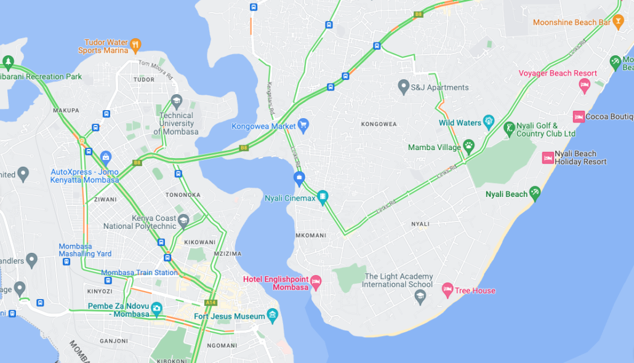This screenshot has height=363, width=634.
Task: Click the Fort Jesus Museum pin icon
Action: click(x=272, y=316)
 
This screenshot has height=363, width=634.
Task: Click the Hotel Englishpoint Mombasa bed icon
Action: click(x=316, y=282)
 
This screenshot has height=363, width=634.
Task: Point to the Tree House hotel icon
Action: click(x=447, y=290)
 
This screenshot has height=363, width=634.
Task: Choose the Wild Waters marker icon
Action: click(x=489, y=122)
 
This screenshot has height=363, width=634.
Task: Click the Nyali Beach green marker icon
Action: click(x=535, y=194)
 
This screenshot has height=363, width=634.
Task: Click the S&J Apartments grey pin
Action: click(x=403, y=87)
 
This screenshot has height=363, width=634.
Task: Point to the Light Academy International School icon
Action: click(x=420, y=297)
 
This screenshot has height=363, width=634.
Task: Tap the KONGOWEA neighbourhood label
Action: click(x=379, y=124)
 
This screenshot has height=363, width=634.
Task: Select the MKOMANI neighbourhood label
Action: click(x=311, y=236)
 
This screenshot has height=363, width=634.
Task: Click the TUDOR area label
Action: click(x=144, y=79)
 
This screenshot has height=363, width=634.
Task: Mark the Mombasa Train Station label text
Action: click(x=139, y=273)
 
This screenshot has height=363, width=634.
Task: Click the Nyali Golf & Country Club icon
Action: click(x=509, y=129)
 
